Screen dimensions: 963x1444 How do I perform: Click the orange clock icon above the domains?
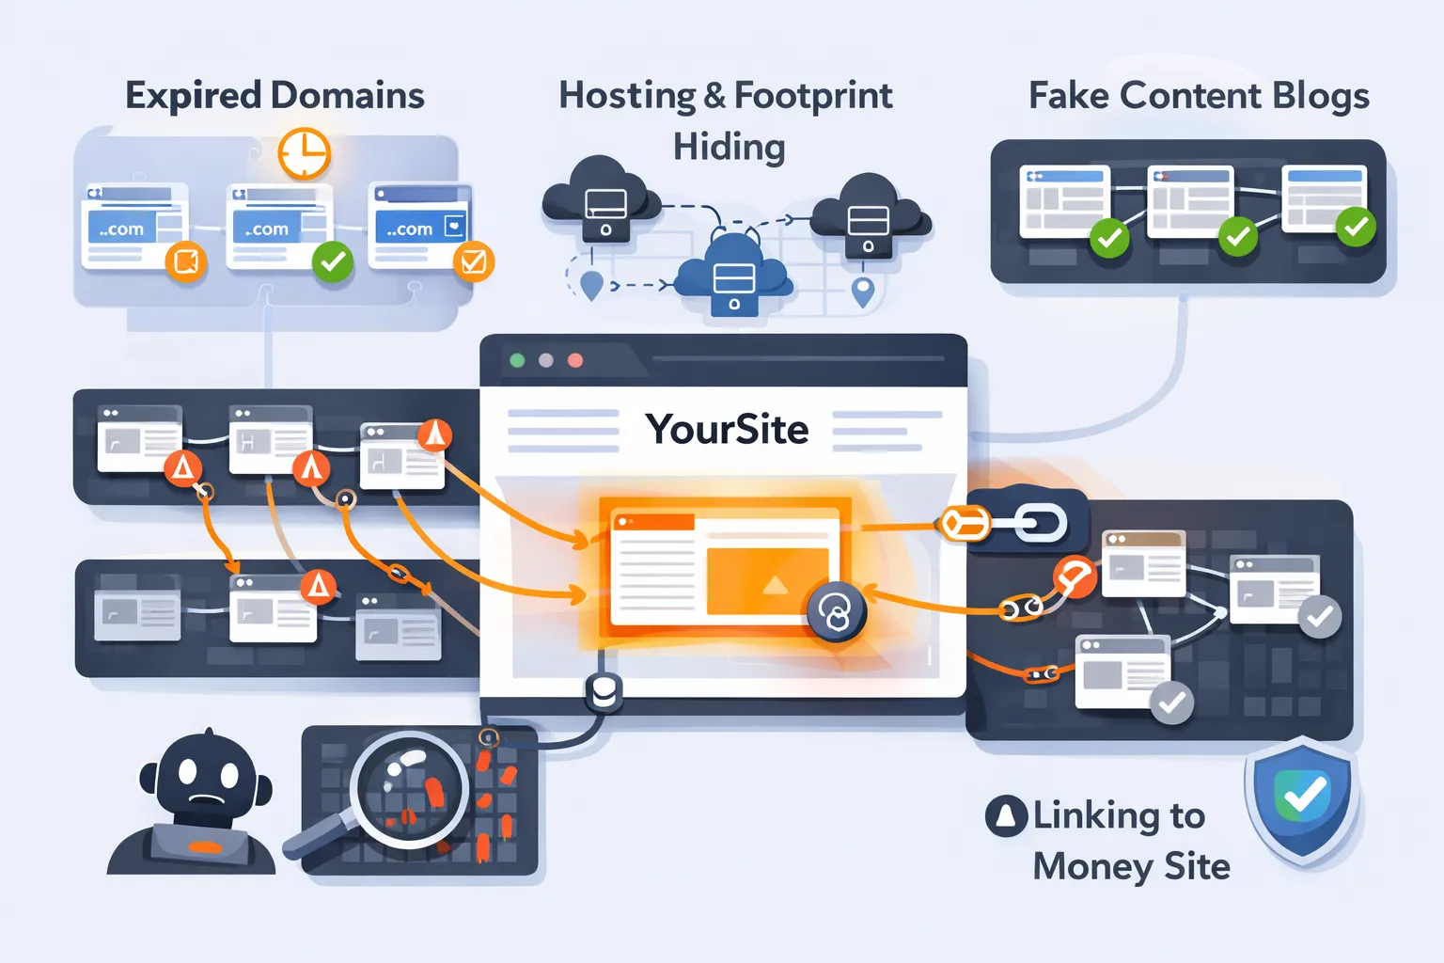pos(304,153)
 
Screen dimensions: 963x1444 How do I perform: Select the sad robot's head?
pos(205,777)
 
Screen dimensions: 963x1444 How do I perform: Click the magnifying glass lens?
pos(410,788)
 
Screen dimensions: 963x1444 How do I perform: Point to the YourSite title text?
pos(727,430)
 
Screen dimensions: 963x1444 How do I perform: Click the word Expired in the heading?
pos(194,96)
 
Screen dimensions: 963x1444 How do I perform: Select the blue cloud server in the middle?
pos(733,276)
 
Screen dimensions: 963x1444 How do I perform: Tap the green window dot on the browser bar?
pos(517,360)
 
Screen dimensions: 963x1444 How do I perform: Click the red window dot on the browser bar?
pos(575,360)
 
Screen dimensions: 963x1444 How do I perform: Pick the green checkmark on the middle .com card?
pos(333,262)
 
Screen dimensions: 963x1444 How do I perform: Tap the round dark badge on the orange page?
pos(835,613)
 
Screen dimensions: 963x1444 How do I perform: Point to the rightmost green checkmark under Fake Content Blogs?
pos(1355,227)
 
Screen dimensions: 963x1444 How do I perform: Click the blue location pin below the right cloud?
pos(862,292)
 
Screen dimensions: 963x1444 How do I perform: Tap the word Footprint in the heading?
pos(813,96)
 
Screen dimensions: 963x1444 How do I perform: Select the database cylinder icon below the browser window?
pos(603,693)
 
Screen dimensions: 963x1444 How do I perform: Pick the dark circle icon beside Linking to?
pos(1006,815)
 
